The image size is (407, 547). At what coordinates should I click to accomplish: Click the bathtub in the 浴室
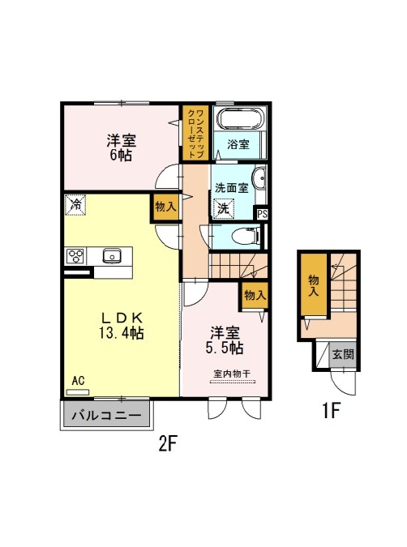pos(240,119)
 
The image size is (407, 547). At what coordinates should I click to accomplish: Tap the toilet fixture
pos(246,236)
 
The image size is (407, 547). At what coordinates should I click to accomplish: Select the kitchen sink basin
pos(112,256)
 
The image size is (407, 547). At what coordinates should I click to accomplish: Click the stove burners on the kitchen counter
pos(75,256)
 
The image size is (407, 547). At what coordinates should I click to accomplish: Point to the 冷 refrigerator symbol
pos(75,205)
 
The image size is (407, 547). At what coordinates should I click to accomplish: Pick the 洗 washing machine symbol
pos(224,208)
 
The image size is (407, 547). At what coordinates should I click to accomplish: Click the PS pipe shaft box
pos(262,214)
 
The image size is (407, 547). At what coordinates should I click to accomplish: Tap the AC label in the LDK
pos(78,381)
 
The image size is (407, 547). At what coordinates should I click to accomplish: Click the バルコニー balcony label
pos(107,415)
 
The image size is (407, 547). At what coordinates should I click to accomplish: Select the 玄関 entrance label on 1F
pos(343,354)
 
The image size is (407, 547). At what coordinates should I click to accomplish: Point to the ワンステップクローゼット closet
pos(195,133)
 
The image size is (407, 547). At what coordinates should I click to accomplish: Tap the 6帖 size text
pos(121,155)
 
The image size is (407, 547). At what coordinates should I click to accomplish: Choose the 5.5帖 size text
pos(225,348)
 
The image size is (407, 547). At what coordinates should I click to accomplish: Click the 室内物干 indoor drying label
pos(232,374)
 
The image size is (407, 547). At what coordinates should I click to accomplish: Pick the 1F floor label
pos(331,410)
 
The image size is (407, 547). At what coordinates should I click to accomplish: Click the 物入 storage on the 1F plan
pos(314,285)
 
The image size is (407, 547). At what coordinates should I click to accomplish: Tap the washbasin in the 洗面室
pos(260,178)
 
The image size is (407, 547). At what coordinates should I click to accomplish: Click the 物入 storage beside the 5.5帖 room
pos(255,296)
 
